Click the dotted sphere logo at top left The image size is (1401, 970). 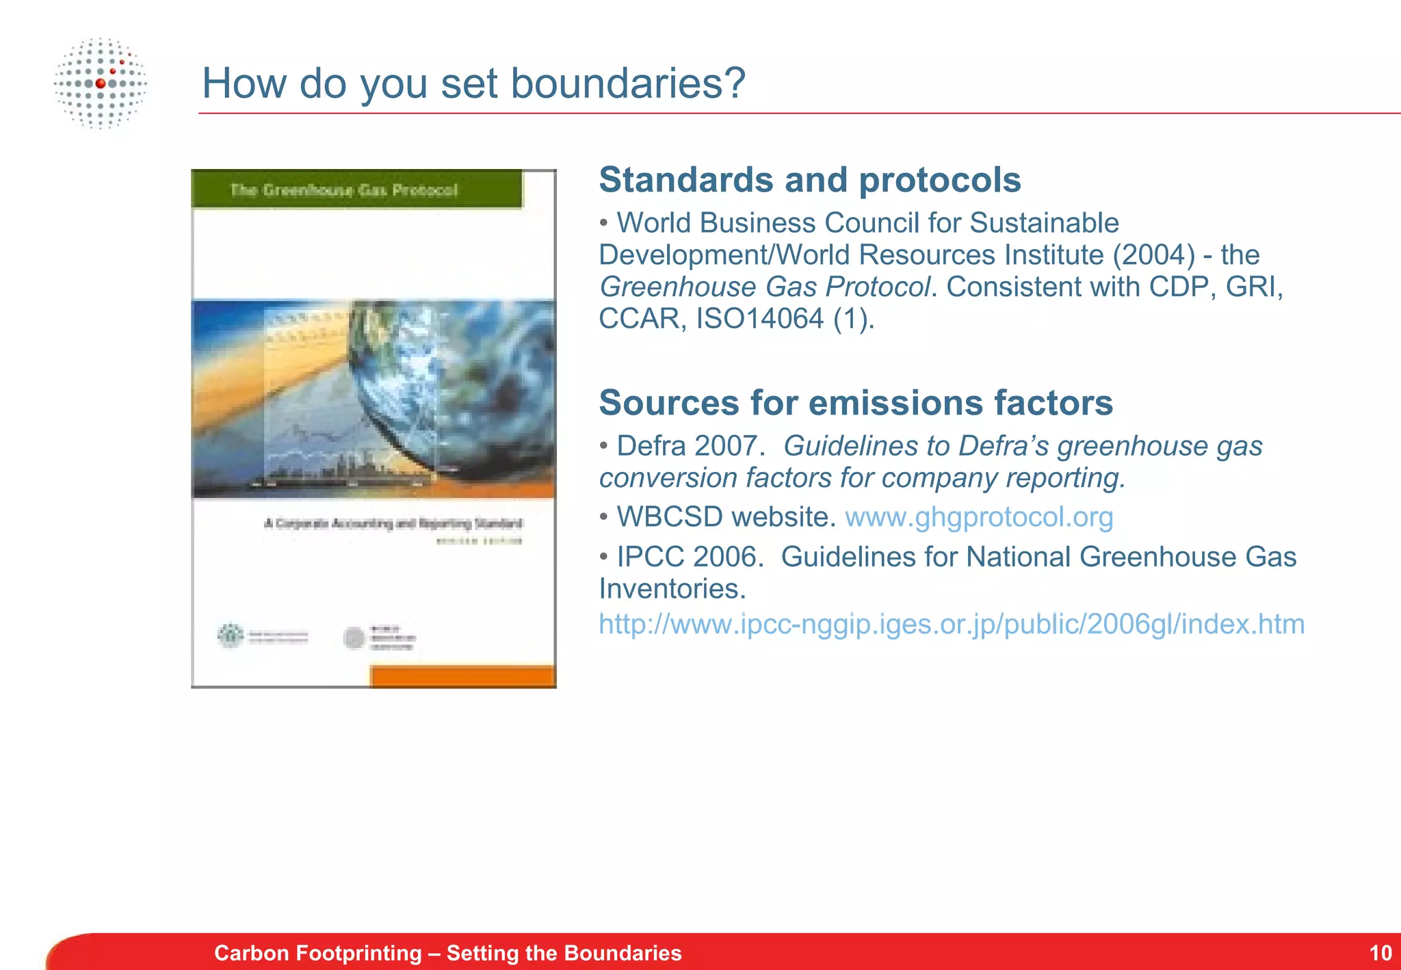point(101,83)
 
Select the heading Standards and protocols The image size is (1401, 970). point(809,180)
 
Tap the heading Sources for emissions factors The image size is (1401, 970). point(855,402)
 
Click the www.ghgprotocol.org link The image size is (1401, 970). point(979,517)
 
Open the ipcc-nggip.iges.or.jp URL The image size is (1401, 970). point(951,624)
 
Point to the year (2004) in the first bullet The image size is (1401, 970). point(1153,255)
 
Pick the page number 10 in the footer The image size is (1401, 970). point(1380,953)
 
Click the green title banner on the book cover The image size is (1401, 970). point(356,189)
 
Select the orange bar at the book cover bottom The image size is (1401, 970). point(462,677)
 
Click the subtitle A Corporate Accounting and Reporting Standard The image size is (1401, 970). point(393,523)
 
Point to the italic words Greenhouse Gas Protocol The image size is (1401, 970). point(764,287)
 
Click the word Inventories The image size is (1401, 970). point(672,589)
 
